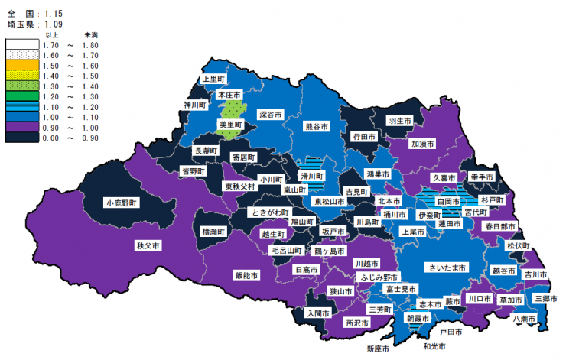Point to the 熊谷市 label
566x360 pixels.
pyautogui.click(x=317, y=126)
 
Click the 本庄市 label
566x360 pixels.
pyautogui.click(x=229, y=95)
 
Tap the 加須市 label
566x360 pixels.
pyautogui.click(x=423, y=143)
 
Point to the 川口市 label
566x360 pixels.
pyautogui.click(x=479, y=298)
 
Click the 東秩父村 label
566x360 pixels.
pyautogui.click(x=239, y=186)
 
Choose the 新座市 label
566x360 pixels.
pyautogui.click(x=378, y=349)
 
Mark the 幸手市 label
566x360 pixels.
pyautogui.click(x=482, y=176)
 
